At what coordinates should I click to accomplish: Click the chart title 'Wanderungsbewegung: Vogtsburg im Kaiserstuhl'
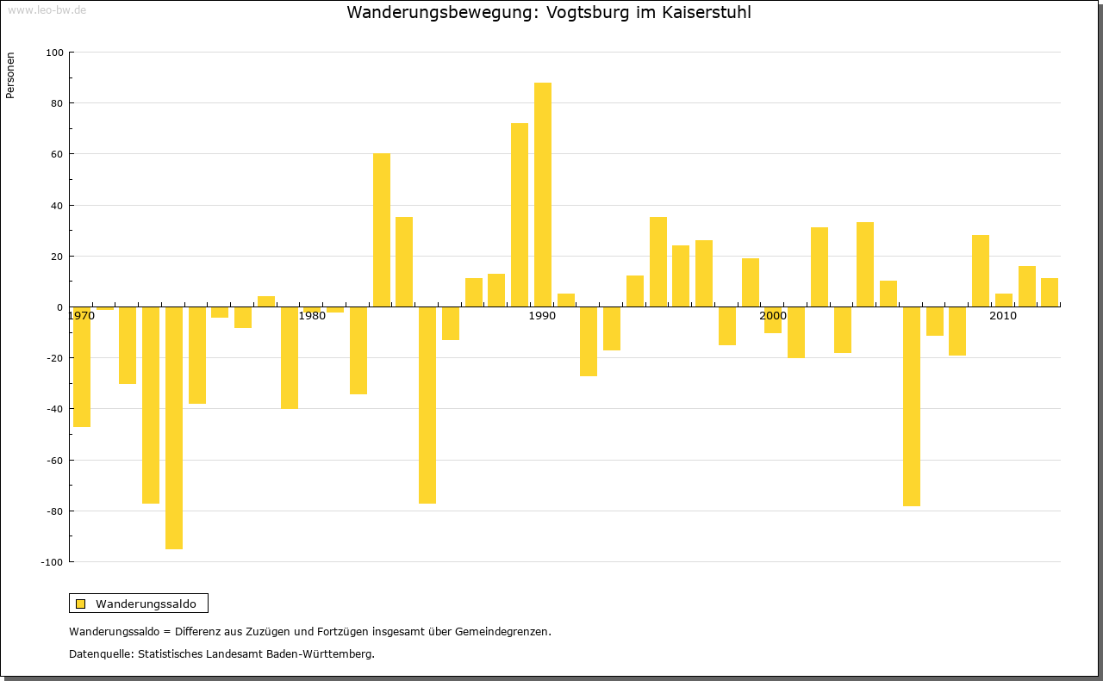point(548,13)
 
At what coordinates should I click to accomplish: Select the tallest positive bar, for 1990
point(543,195)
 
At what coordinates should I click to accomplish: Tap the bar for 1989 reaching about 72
point(520,215)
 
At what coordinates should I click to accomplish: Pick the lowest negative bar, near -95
point(174,428)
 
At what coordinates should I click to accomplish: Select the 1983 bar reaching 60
point(382,230)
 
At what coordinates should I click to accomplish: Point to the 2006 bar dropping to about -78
point(912,406)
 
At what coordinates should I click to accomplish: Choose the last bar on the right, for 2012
point(1050,293)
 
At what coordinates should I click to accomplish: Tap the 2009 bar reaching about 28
point(981,271)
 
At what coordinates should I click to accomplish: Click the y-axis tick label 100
point(55,53)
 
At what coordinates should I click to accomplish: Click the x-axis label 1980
point(312,316)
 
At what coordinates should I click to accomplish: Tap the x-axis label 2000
point(773,316)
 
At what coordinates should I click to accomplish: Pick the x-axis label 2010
point(1003,316)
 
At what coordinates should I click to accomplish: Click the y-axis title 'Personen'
point(10,76)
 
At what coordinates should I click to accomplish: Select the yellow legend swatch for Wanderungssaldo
point(80,604)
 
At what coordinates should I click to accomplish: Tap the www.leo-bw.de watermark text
point(47,10)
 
